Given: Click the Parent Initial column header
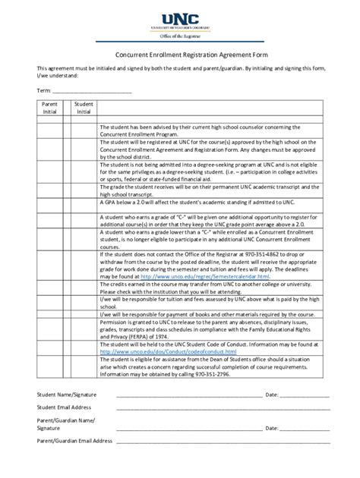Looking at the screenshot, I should [50, 107].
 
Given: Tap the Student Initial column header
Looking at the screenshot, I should [84, 107].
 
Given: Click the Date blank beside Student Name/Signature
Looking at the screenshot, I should [306, 395].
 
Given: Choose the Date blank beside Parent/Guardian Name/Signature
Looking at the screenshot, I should [306, 429].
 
